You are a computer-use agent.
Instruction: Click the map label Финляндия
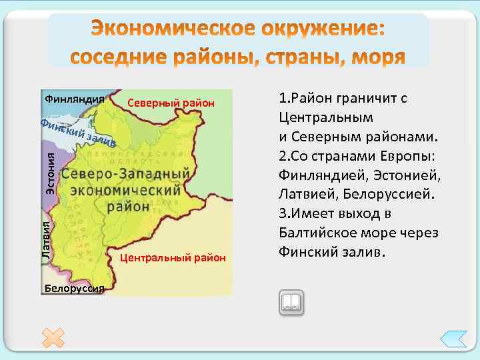click(74, 99)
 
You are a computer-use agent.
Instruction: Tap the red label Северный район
click(171, 103)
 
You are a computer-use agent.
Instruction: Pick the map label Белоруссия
click(74, 288)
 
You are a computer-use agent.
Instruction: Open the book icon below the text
click(291, 303)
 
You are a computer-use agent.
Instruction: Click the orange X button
click(53, 338)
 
